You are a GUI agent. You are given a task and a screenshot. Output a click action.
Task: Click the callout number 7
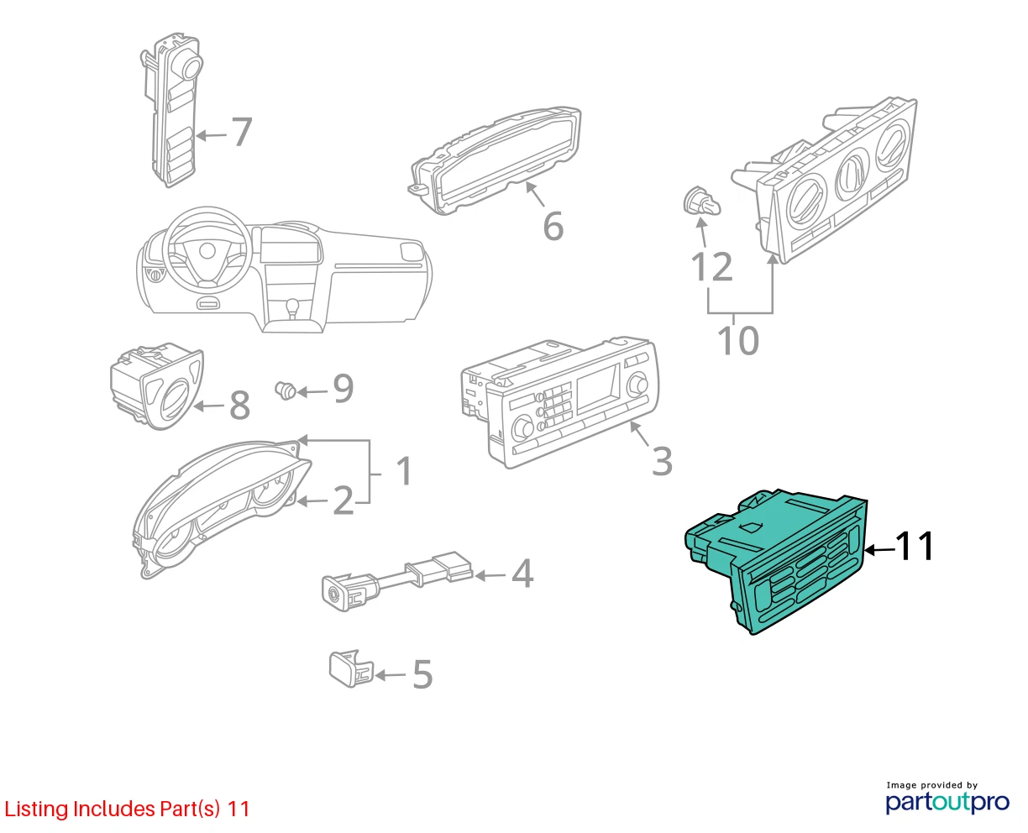point(242,132)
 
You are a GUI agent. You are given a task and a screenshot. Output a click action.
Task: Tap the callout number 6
point(553,226)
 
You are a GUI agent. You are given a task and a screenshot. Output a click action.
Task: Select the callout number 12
point(712,266)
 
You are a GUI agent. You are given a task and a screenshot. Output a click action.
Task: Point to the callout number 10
point(738,341)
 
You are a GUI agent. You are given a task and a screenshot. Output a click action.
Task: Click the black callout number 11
point(914,546)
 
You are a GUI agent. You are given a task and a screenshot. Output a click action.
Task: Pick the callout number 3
point(662,461)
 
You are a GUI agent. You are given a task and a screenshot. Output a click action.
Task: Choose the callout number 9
point(344,388)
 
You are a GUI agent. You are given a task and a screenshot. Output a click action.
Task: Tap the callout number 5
point(422,674)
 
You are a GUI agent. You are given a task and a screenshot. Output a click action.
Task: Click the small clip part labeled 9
point(286,390)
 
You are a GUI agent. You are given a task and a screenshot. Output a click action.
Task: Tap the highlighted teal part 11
point(776,560)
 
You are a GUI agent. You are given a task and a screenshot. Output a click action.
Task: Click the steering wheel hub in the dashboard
point(207,251)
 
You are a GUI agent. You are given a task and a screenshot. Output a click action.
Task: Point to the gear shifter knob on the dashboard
point(291,305)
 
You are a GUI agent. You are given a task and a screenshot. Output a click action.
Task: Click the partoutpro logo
point(947,802)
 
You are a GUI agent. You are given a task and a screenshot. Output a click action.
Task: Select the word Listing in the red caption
point(37,809)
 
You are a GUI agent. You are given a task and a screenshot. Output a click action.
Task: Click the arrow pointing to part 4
point(490,575)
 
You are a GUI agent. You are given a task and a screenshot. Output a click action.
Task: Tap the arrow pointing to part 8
point(209,406)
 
